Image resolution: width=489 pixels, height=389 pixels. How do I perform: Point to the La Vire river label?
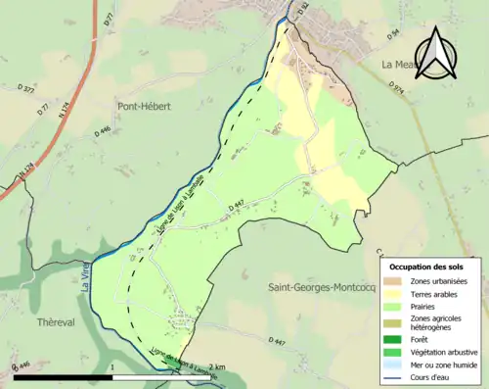tap(83, 283)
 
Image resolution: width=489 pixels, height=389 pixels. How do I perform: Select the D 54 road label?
tap(395, 35)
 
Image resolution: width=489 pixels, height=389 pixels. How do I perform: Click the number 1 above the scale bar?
tap(112, 366)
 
